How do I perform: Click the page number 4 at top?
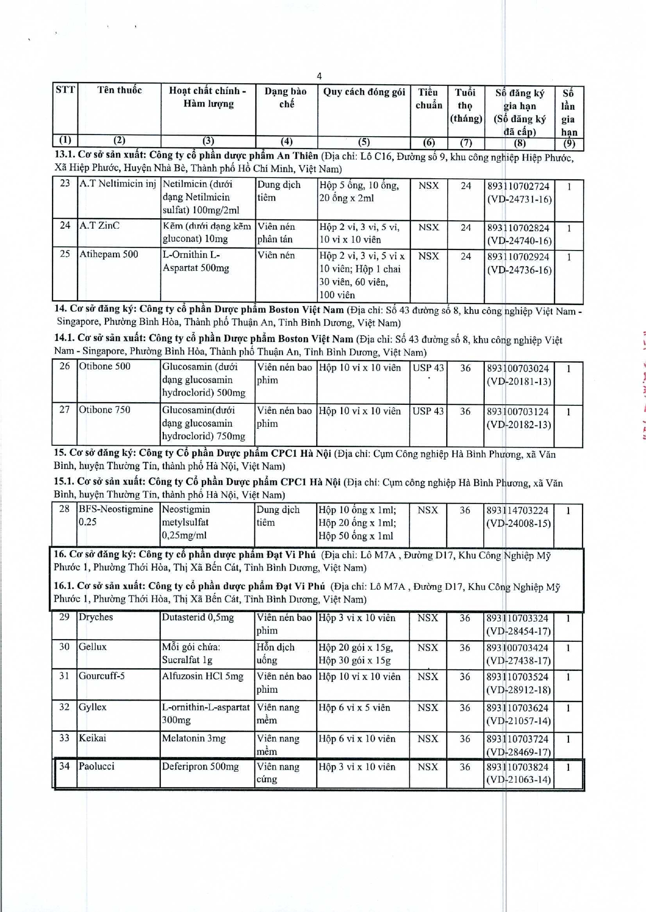[319, 76]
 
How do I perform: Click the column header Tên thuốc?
[119, 90]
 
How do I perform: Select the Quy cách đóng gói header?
[364, 92]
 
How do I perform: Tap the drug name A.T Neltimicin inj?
[118, 184]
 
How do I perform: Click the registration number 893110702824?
[518, 228]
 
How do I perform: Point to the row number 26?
[64, 366]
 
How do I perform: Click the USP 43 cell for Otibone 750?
[428, 411]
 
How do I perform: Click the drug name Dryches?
[96, 617]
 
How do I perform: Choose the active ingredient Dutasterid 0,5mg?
[198, 618]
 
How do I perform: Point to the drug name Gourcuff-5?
[101, 676]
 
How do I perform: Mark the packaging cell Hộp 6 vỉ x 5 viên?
[354, 708]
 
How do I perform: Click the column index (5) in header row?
[364, 142]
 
